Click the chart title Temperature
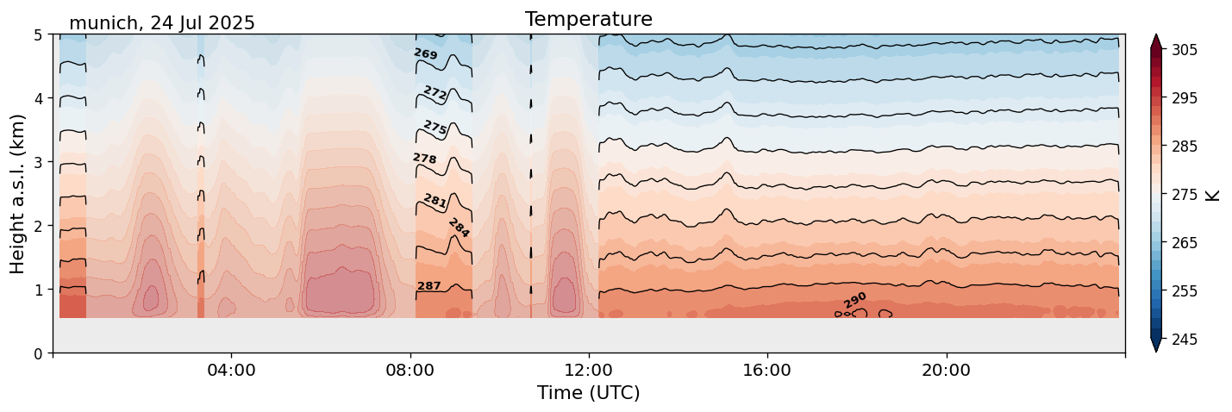tap(588, 19)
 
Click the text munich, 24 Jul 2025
tap(162, 23)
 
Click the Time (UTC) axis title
tap(588, 393)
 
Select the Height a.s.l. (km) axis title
tap(18, 194)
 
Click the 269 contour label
tap(425, 54)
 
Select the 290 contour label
tap(855, 300)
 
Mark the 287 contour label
tap(428, 286)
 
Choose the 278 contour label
tap(424, 159)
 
